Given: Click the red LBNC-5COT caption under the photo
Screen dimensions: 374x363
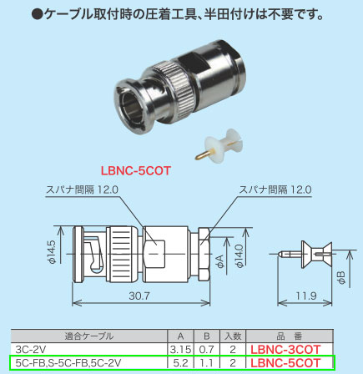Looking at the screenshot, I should coord(138,169).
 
